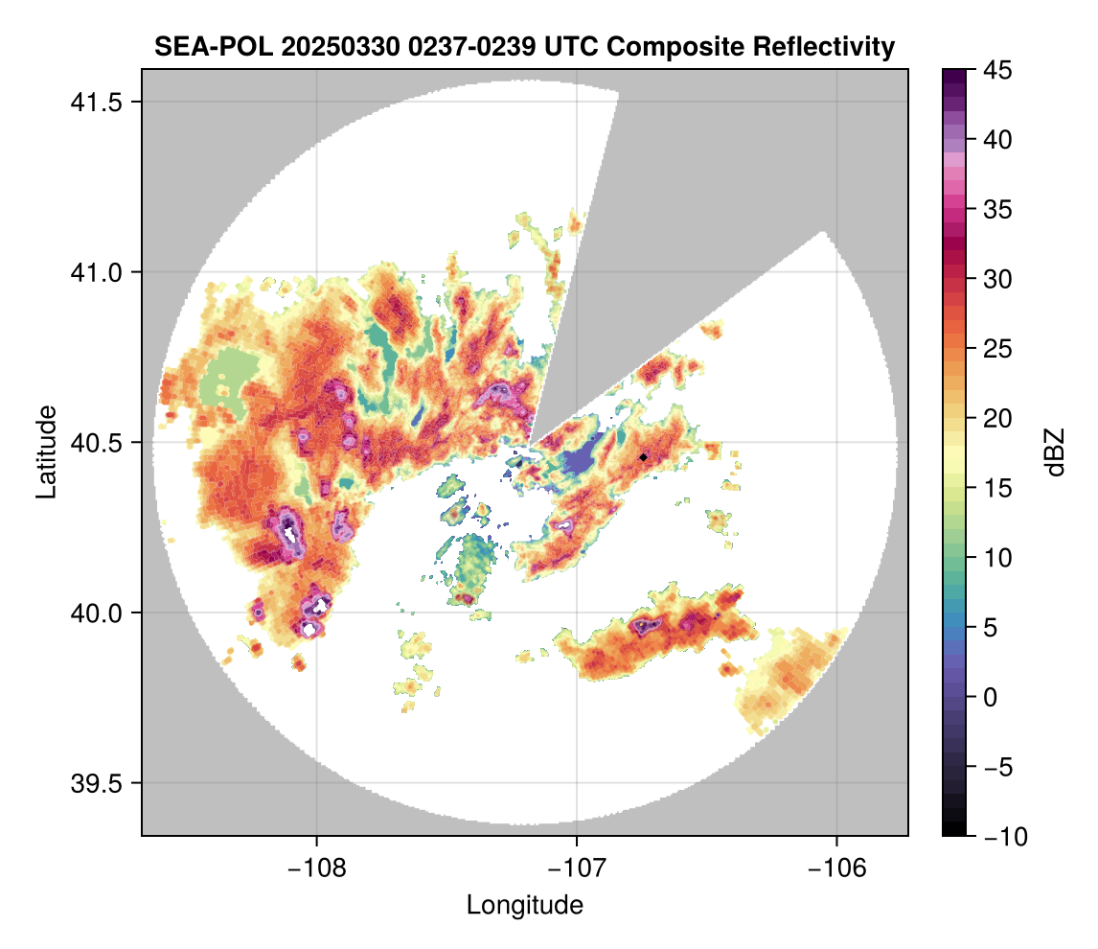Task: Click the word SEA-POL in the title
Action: click(x=198, y=46)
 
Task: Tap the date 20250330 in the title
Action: click(x=310, y=46)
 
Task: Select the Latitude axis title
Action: click(x=45, y=451)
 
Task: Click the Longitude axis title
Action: click(x=524, y=904)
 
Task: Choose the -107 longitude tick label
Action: click(x=577, y=868)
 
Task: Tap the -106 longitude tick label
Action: click(x=837, y=868)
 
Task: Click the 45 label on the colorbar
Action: click(x=999, y=70)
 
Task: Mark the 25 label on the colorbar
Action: click(x=999, y=349)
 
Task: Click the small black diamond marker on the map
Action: click(x=644, y=457)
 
